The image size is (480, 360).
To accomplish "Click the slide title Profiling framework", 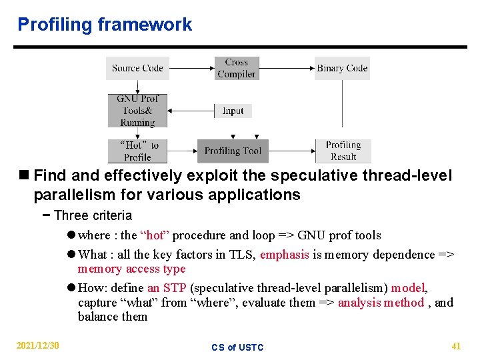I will [105, 25].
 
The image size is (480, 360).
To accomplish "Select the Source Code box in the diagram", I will [137, 68].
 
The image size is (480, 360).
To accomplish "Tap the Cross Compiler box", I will [236, 68].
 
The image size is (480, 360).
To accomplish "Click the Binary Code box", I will [342, 68].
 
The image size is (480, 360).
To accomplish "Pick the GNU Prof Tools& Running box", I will [137, 111].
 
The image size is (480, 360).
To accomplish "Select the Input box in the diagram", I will [233, 111].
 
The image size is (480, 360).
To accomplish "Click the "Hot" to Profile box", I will [137, 151].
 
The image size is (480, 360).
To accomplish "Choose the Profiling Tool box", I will [233, 151].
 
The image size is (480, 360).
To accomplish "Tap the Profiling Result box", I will [343, 151].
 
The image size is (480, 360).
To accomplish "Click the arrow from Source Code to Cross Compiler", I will [191, 68].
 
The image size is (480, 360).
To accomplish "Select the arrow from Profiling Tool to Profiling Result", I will [292, 151].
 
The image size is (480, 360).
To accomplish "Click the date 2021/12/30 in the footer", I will [38, 346].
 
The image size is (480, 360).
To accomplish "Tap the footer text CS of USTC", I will [237, 347].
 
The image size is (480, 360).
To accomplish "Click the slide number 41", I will [456, 346].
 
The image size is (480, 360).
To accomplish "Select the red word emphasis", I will [285, 255].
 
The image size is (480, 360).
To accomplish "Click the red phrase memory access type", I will [131, 269].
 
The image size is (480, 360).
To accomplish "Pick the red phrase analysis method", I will [381, 303].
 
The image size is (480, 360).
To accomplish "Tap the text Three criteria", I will [93, 215].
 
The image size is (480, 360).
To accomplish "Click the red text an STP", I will [167, 288].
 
